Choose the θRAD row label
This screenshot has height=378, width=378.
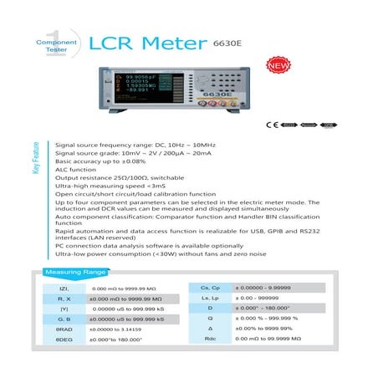[64, 329]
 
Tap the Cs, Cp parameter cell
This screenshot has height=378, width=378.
[211, 286]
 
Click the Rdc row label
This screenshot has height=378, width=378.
[211, 340]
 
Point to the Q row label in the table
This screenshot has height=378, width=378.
[211, 319]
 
